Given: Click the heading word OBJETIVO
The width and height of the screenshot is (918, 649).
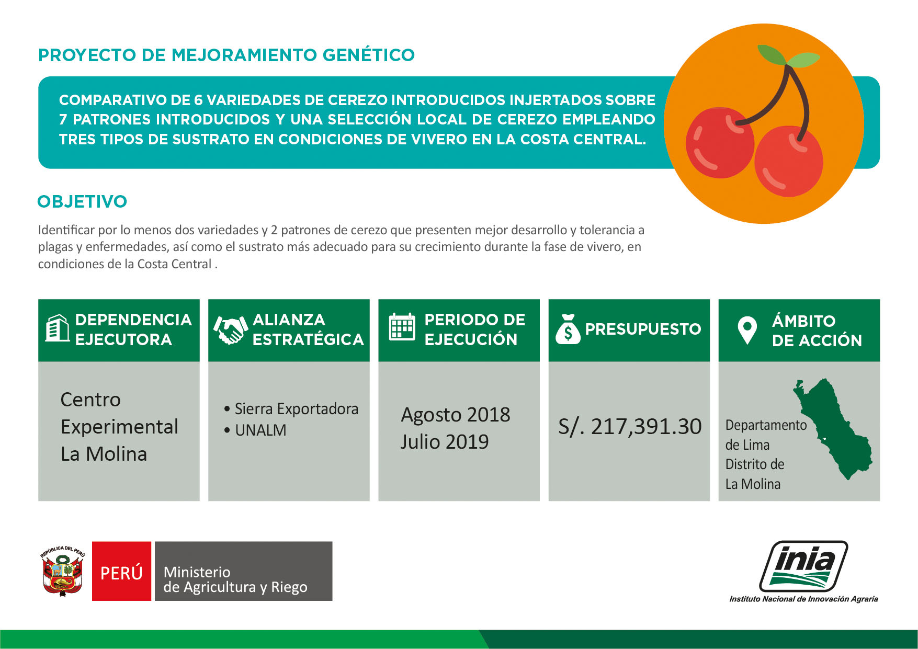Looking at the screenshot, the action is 82,201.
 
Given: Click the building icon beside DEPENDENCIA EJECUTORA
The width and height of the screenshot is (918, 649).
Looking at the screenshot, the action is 57,328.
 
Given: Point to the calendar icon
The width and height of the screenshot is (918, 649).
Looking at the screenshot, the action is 402,327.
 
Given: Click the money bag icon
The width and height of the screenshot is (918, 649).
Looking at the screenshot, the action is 568,329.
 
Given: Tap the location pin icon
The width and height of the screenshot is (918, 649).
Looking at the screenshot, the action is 747,330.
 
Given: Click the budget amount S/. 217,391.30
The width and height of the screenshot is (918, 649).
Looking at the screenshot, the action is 630,427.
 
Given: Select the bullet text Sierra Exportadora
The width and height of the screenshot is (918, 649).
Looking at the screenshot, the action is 296,408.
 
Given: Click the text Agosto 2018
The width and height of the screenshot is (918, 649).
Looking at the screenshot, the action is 456,415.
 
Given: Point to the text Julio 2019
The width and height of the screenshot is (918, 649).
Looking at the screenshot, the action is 445,442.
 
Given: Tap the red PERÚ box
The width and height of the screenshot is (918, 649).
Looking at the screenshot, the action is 121,571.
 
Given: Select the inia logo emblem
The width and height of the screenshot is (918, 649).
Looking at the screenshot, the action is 803,566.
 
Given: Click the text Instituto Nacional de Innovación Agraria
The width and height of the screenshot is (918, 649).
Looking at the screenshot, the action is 803,599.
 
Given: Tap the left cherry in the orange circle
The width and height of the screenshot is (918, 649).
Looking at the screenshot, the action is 719,143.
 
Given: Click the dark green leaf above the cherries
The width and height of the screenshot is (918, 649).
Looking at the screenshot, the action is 773,54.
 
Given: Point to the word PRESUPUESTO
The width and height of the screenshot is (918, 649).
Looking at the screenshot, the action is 643,329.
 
